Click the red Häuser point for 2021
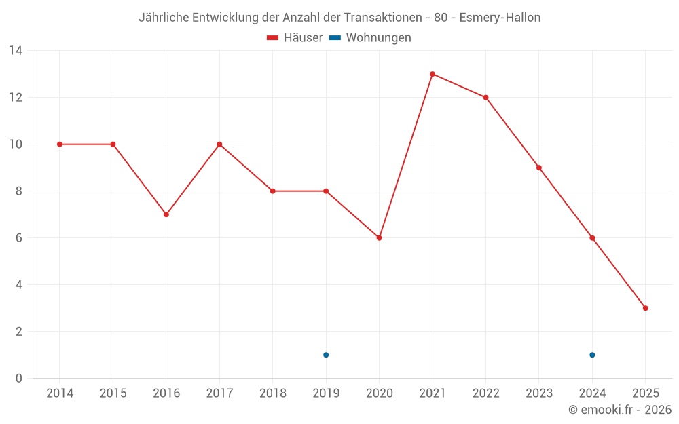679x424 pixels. [433, 74]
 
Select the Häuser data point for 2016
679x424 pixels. [166, 214]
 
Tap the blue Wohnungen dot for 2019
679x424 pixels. [326, 355]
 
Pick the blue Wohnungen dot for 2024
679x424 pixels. [592, 355]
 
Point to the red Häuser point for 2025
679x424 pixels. [645, 308]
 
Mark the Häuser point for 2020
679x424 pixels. [379, 238]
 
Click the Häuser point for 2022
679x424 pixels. [485, 97]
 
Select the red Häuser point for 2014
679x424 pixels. [60, 144]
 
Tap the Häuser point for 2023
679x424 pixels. [539, 168]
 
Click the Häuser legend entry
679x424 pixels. [295, 38]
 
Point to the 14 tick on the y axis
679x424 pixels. [16, 51]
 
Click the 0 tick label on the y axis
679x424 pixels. [19, 379]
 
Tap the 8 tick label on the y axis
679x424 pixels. [19, 191]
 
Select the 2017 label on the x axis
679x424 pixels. [219, 393]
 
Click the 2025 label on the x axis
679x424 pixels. [645, 393]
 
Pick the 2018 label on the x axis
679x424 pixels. [272, 393]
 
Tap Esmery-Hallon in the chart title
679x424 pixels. [500, 18]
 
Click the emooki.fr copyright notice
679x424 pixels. [619, 410]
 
